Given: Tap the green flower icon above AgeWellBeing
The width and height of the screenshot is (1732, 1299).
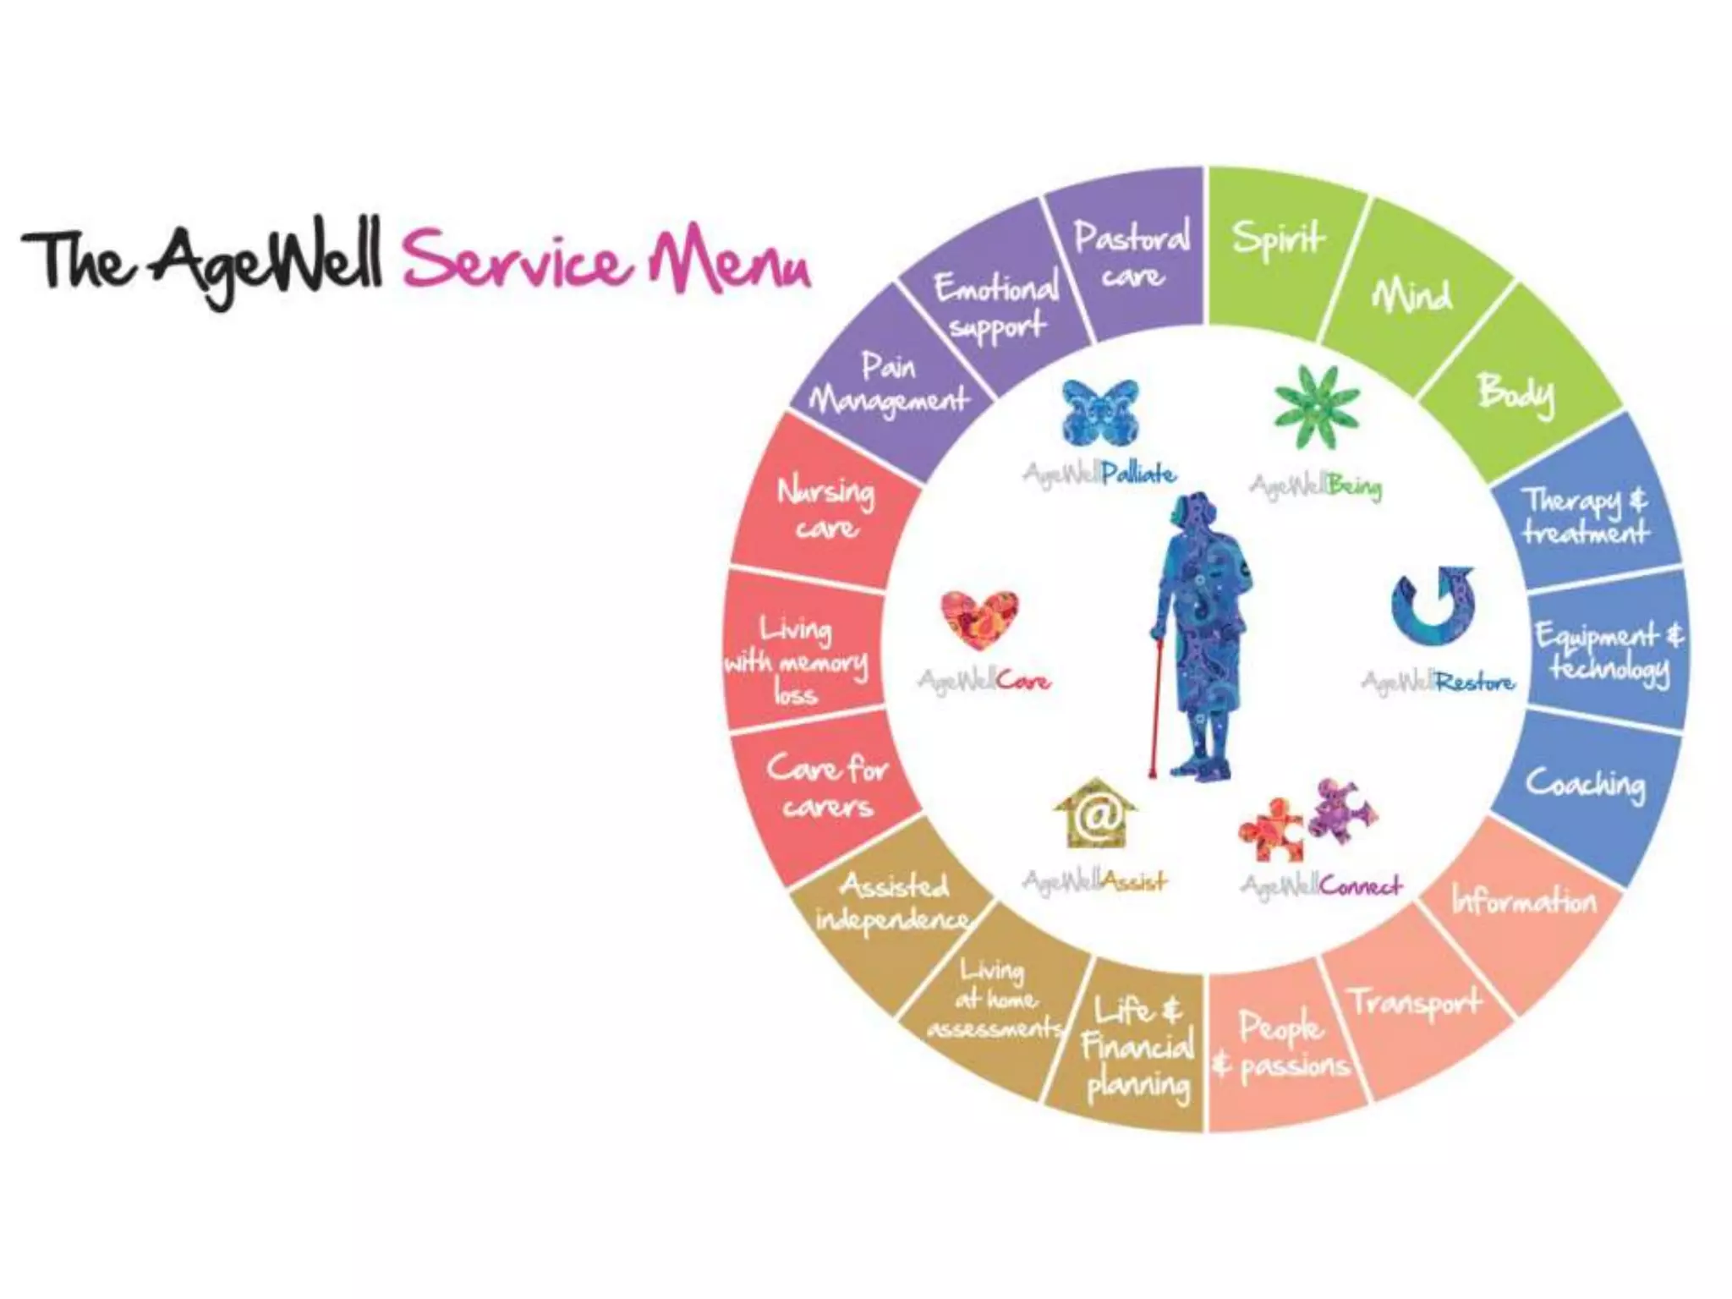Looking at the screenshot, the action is click(1316, 408).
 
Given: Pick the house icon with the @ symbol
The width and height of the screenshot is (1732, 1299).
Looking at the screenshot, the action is click(1095, 814).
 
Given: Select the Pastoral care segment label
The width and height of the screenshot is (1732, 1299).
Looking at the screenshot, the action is click(1132, 254).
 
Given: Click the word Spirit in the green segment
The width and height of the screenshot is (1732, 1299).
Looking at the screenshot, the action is click(1278, 238).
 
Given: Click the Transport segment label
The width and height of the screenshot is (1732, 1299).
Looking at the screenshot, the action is click(1416, 1002).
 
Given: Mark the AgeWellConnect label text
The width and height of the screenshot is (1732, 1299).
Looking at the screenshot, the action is click(1321, 885).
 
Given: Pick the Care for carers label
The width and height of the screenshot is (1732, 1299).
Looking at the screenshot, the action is click(827, 787).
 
